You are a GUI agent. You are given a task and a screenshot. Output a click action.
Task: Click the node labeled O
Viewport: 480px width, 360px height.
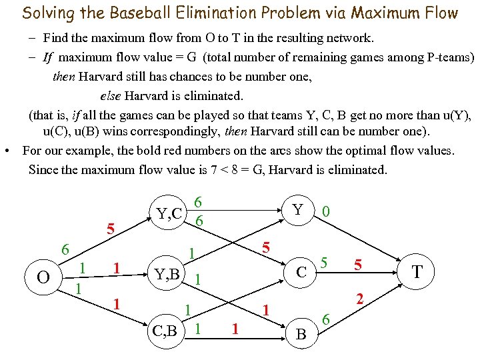coord(44,275)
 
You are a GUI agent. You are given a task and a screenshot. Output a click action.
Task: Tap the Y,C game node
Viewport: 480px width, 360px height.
coord(169,213)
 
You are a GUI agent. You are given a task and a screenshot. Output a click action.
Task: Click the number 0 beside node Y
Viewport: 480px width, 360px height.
coord(325,212)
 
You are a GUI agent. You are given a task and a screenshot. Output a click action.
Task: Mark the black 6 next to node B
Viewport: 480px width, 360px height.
coord(326,321)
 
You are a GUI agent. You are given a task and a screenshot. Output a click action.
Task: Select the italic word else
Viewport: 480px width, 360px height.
coord(111,96)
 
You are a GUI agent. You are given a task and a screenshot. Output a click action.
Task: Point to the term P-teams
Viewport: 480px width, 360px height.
coord(448,57)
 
